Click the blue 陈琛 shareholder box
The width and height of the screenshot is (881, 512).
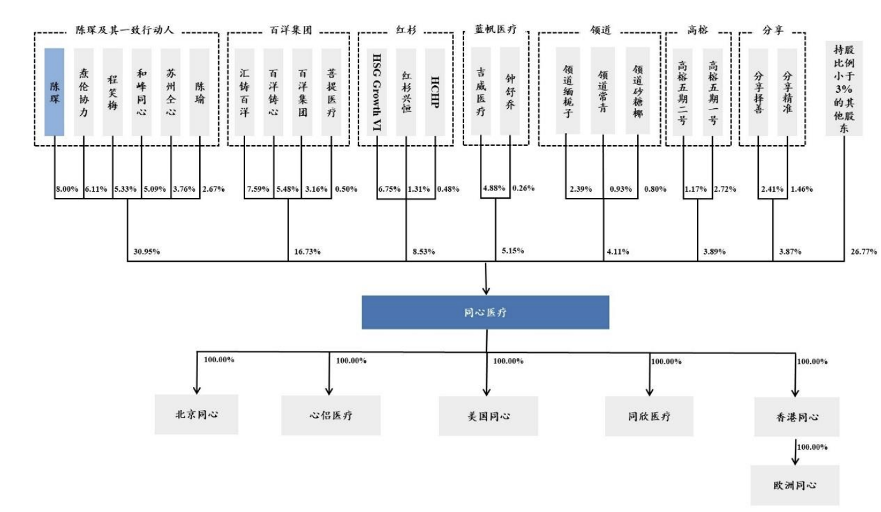click(x=54, y=91)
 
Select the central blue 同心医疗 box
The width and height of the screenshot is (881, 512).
click(x=486, y=312)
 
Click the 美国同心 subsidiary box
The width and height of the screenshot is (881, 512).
click(x=488, y=416)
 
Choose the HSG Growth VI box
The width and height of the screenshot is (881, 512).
click(x=376, y=91)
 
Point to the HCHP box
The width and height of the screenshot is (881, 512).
click(x=435, y=91)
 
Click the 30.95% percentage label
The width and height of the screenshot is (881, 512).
click(x=146, y=252)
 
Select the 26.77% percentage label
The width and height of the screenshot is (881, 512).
click(x=864, y=252)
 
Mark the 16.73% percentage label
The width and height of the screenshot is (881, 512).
click(x=307, y=252)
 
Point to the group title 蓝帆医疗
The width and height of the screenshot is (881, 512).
click(x=495, y=29)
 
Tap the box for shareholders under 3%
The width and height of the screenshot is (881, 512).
click(x=843, y=89)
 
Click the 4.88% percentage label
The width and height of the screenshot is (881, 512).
click(x=495, y=188)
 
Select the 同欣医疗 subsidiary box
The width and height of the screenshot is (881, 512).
click(x=649, y=416)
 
